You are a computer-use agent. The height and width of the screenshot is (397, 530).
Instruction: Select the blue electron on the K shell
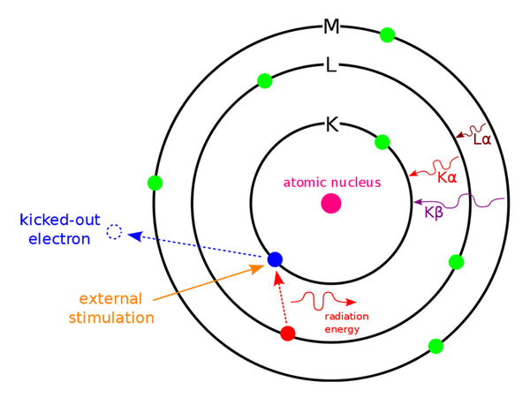click(275, 259)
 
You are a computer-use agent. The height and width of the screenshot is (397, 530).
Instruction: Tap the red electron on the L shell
click(287, 333)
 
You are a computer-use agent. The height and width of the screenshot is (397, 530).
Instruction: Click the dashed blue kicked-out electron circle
click(114, 233)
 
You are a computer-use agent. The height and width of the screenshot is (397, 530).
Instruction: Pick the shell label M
click(331, 26)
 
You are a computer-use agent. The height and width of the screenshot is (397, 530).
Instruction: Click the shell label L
click(331, 66)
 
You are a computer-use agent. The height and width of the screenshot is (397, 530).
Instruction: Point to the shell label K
click(332, 124)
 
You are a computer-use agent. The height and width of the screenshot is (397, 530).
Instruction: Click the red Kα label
click(448, 177)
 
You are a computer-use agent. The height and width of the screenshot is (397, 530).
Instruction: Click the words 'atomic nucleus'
click(331, 183)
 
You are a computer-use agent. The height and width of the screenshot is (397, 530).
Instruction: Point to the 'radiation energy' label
click(346, 323)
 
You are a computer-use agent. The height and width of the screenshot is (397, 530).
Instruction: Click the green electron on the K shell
click(382, 141)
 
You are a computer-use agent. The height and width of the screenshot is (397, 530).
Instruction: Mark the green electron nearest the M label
click(386, 35)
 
